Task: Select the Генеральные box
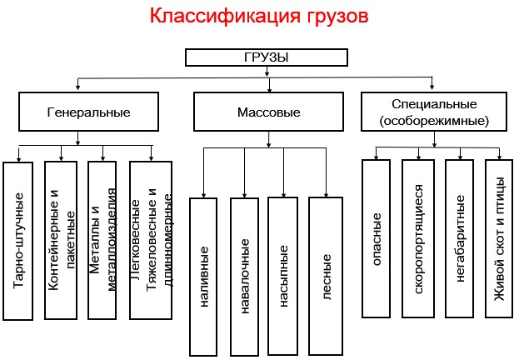[77, 111]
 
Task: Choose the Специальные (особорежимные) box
[432, 112]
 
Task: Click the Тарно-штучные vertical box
[21, 241]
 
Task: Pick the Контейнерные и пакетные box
[62, 241]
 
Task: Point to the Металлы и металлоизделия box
[102, 241]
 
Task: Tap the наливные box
[205, 276]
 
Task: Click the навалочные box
[245, 276]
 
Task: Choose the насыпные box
[285, 276]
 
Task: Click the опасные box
[378, 238]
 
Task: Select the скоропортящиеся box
[418, 238]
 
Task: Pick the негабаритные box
[459, 238]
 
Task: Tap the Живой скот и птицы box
[500, 238]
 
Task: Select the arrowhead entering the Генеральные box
[77, 89]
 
